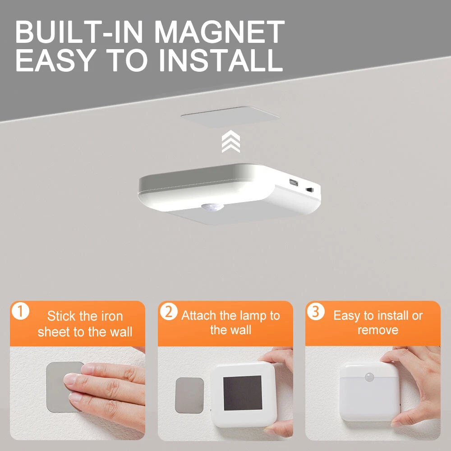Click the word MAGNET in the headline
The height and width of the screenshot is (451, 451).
pyautogui.click(x=220, y=32)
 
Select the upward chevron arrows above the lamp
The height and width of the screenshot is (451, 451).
pyautogui.click(x=230, y=141)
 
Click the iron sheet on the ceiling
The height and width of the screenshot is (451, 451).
pyautogui.click(x=230, y=116)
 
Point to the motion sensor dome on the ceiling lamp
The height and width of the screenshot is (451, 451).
pyautogui.click(x=212, y=207)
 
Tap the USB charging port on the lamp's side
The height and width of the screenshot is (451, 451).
pyautogui.click(x=294, y=182)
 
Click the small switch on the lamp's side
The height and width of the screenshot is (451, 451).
pyautogui.click(x=309, y=190)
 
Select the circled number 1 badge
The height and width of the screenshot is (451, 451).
pyautogui.click(x=20, y=311)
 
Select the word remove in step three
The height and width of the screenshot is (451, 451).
pyautogui.click(x=377, y=331)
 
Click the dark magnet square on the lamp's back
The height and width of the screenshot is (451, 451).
pyautogui.click(x=243, y=393)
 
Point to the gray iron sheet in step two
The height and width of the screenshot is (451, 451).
pyautogui.click(x=189, y=396)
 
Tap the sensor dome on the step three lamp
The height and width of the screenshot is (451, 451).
pyautogui.click(x=370, y=377)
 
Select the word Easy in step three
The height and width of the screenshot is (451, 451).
pyautogui.click(x=346, y=316)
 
